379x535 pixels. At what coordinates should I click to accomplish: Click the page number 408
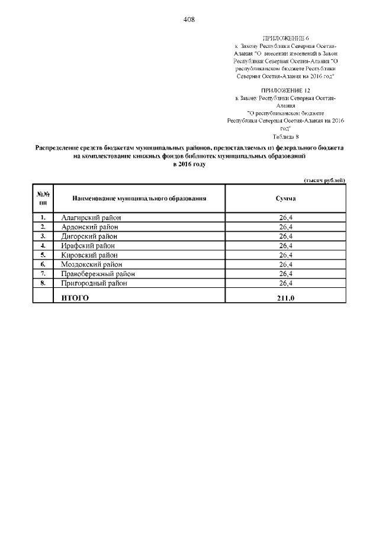[189, 19]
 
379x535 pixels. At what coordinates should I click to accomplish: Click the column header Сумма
[285, 199]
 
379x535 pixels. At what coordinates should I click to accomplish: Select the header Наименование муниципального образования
[139, 199]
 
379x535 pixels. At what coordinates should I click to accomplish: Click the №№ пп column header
[43, 199]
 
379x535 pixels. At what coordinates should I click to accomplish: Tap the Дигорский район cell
[89, 236]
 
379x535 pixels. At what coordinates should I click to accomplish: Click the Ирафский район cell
[88, 246]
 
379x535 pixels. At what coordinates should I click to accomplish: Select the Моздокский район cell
[91, 265]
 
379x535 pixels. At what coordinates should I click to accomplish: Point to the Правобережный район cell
[98, 274]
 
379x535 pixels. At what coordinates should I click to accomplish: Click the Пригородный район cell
[94, 284]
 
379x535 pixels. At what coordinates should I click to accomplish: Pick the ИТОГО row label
[75, 298]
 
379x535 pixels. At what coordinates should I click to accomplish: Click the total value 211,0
[285, 298]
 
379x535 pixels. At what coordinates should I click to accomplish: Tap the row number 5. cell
[43, 255]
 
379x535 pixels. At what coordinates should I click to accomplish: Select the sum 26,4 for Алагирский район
[286, 218]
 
